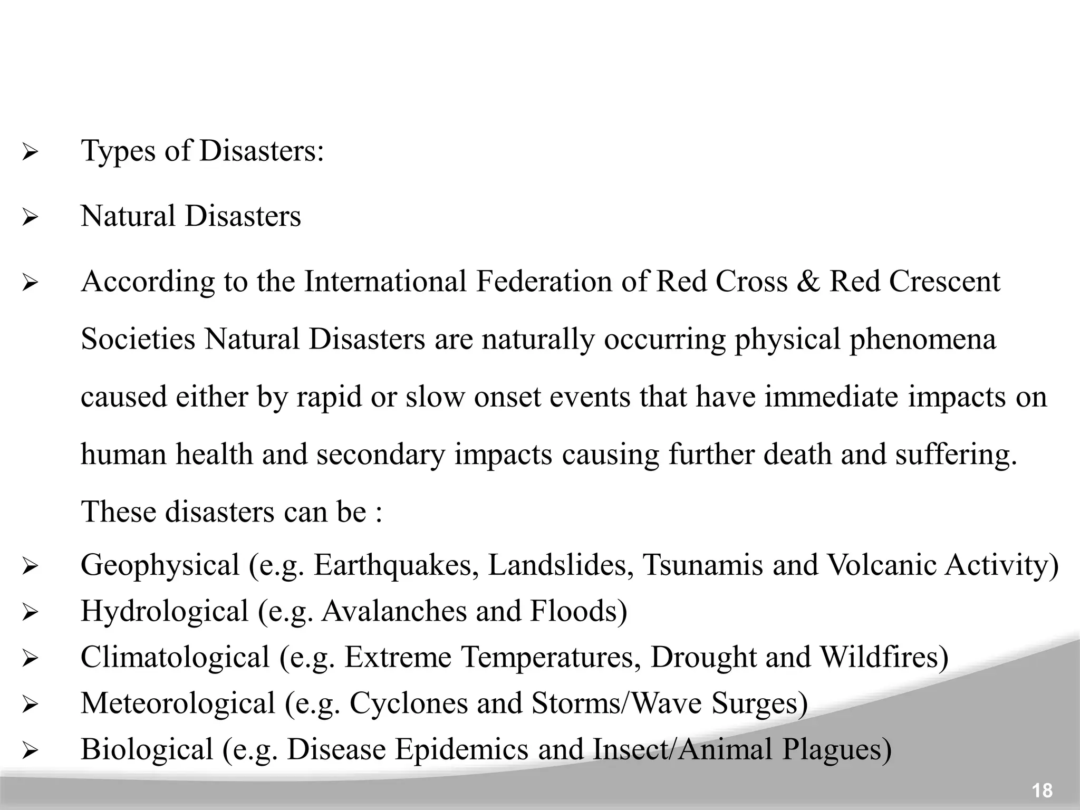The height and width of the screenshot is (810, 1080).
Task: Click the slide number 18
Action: [x=1042, y=790]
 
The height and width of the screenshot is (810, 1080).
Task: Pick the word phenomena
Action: [x=922, y=340]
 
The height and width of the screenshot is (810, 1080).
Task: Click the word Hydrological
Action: [x=164, y=612]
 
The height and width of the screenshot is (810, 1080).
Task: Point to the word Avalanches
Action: [x=393, y=611]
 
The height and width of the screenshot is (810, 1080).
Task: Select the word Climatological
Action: [x=175, y=658]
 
